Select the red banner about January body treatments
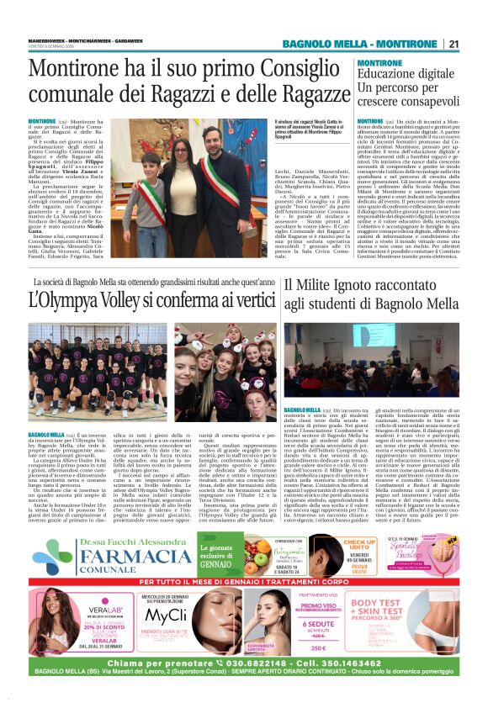coord(244,581)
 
